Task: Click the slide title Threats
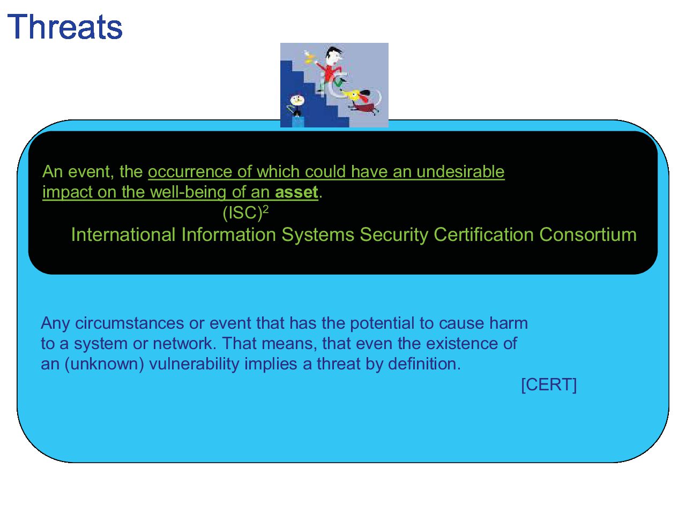coord(65,27)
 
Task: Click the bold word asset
coord(296,192)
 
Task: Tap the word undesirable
coord(460,171)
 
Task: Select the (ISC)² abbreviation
coord(245,213)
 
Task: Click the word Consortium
coord(588,235)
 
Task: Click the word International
coord(123,235)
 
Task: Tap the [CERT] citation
coord(549,384)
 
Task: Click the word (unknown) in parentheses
coord(104,364)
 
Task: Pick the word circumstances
coord(129,323)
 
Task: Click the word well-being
coord(188,192)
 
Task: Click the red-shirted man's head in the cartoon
coord(333,56)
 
